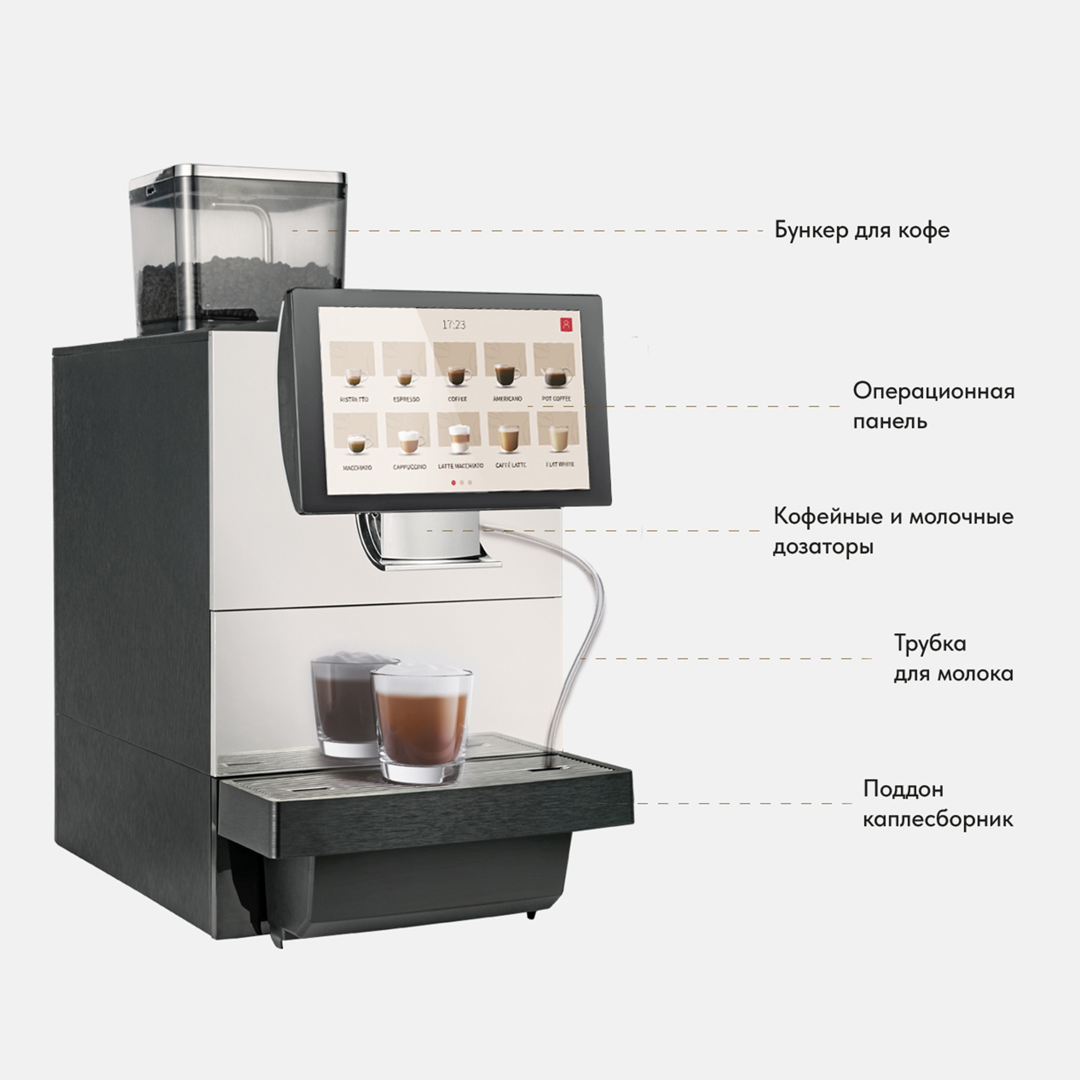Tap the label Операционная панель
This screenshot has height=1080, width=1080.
click(933, 406)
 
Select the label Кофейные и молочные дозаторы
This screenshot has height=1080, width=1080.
click(893, 530)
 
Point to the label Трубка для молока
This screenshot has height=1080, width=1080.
click(953, 658)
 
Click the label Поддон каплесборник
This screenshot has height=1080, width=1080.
click(937, 804)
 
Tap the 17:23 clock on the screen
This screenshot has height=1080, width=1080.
click(454, 325)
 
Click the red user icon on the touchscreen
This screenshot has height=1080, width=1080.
click(567, 324)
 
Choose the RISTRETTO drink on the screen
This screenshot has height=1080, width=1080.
click(353, 375)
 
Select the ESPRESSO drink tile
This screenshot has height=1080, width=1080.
click(404, 375)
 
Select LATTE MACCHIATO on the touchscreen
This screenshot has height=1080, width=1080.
click(460, 442)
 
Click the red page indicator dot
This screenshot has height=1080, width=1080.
click(453, 482)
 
